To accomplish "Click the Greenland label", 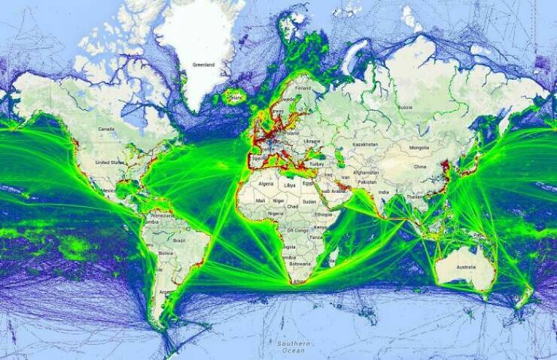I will pos(203,66).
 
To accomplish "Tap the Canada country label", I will pos(105,129).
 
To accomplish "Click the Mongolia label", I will pos(419,148).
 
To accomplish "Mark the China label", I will pos(420,166).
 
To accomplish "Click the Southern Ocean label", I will pos(290,346).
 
